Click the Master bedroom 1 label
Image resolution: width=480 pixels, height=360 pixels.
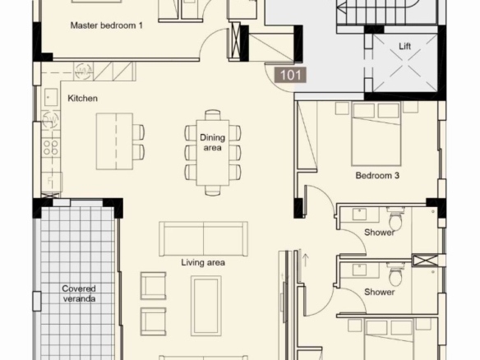[x=106, y=25]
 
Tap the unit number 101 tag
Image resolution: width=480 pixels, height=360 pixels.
[x=290, y=76]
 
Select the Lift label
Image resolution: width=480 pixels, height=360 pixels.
[x=404, y=46]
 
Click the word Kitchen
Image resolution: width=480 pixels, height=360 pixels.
[x=82, y=99]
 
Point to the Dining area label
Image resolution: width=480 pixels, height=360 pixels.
[x=212, y=142]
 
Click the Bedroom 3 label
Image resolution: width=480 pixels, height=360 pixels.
[x=377, y=175]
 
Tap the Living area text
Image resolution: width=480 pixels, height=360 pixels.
[x=203, y=262]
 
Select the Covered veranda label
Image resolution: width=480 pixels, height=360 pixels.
[x=79, y=293]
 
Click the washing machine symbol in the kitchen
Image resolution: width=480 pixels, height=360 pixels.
[x=83, y=72]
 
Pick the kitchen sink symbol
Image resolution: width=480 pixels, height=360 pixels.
[x=50, y=97]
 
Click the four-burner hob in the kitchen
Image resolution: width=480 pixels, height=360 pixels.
[x=51, y=147]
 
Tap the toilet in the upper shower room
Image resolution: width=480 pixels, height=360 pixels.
[x=395, y=219]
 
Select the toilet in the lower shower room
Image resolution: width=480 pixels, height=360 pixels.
[x=395, y=275]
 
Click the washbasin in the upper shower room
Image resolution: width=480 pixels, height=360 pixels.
[x=359, y=215]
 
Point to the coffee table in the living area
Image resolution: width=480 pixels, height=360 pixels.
[x=206, y=306]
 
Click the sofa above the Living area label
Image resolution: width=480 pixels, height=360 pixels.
[x=203, y=239]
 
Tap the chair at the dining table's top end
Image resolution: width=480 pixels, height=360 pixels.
[x=212, y=115]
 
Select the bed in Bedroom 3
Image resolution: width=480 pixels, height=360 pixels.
[x=376, y=134]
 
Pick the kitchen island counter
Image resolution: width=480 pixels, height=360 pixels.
[x=114, y=141]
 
